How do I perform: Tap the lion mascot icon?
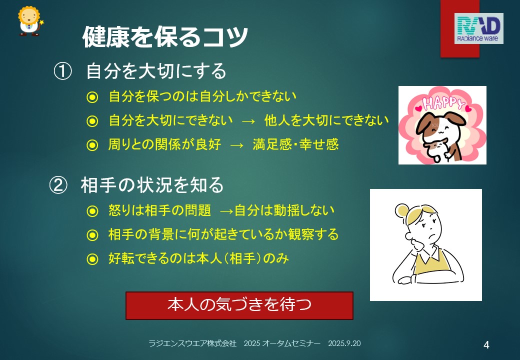30,21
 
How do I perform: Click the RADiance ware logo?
478,28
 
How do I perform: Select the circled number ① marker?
62,71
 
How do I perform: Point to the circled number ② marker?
58,185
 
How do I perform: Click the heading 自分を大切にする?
156,71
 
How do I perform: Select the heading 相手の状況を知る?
152,185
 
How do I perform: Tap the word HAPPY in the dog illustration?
443,103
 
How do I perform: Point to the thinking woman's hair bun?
402,210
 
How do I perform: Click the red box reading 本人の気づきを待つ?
239,305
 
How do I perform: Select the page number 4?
486,345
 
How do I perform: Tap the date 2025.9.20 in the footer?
344,343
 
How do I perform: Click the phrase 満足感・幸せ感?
295,144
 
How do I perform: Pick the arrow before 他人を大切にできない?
248,121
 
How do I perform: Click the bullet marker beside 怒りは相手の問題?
92,211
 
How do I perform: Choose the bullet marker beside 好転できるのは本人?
92,259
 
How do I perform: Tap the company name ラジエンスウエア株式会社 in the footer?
192,343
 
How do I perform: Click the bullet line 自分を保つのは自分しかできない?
202,96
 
